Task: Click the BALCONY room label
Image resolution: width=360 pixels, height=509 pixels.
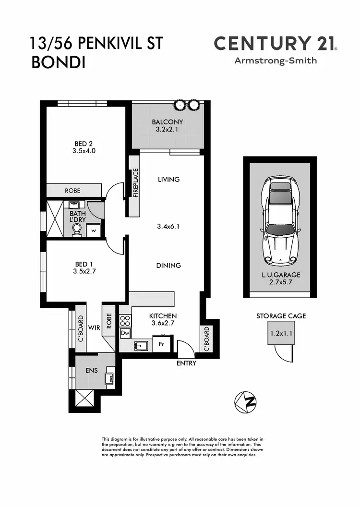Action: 167,122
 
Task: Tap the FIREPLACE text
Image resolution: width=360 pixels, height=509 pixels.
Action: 135,182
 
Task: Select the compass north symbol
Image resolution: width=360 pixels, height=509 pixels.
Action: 245,401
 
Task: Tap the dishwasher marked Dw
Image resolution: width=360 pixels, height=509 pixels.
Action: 125,333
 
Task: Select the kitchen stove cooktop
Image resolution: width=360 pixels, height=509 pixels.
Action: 125,320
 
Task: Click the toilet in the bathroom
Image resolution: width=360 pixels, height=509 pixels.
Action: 77,231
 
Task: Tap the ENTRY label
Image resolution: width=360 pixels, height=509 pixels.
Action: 186,364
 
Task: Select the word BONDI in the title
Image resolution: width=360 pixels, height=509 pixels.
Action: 58,62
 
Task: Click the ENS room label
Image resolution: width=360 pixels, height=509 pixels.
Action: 91,370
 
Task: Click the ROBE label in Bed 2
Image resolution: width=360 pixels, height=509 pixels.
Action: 73,191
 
